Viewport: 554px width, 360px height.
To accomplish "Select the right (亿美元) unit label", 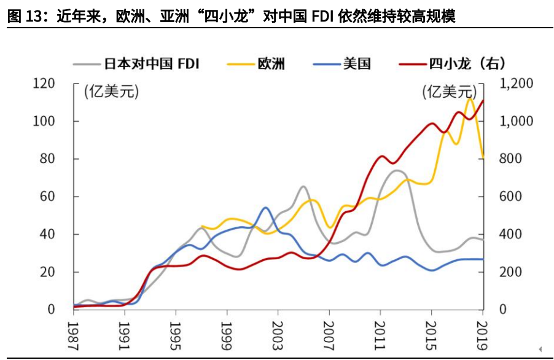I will pyautogui.click(x=448, y=93).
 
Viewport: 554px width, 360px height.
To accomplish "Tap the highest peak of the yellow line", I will pyautogui.click(x=469, y=98).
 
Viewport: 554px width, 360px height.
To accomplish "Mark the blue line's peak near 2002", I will pyautogui.click(x=265, y=208).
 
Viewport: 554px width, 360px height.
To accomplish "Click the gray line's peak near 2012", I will pyautogui.click(x=397, y=170).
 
